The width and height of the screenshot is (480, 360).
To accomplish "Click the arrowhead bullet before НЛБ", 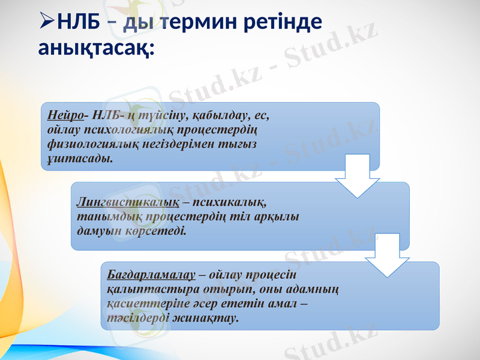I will tap(46, 23).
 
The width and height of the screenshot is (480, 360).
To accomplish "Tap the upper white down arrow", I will tap(357, 175).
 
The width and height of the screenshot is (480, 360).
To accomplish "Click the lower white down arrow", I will tap(387, 256).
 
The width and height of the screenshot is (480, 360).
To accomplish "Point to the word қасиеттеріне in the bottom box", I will tap(142, 304).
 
